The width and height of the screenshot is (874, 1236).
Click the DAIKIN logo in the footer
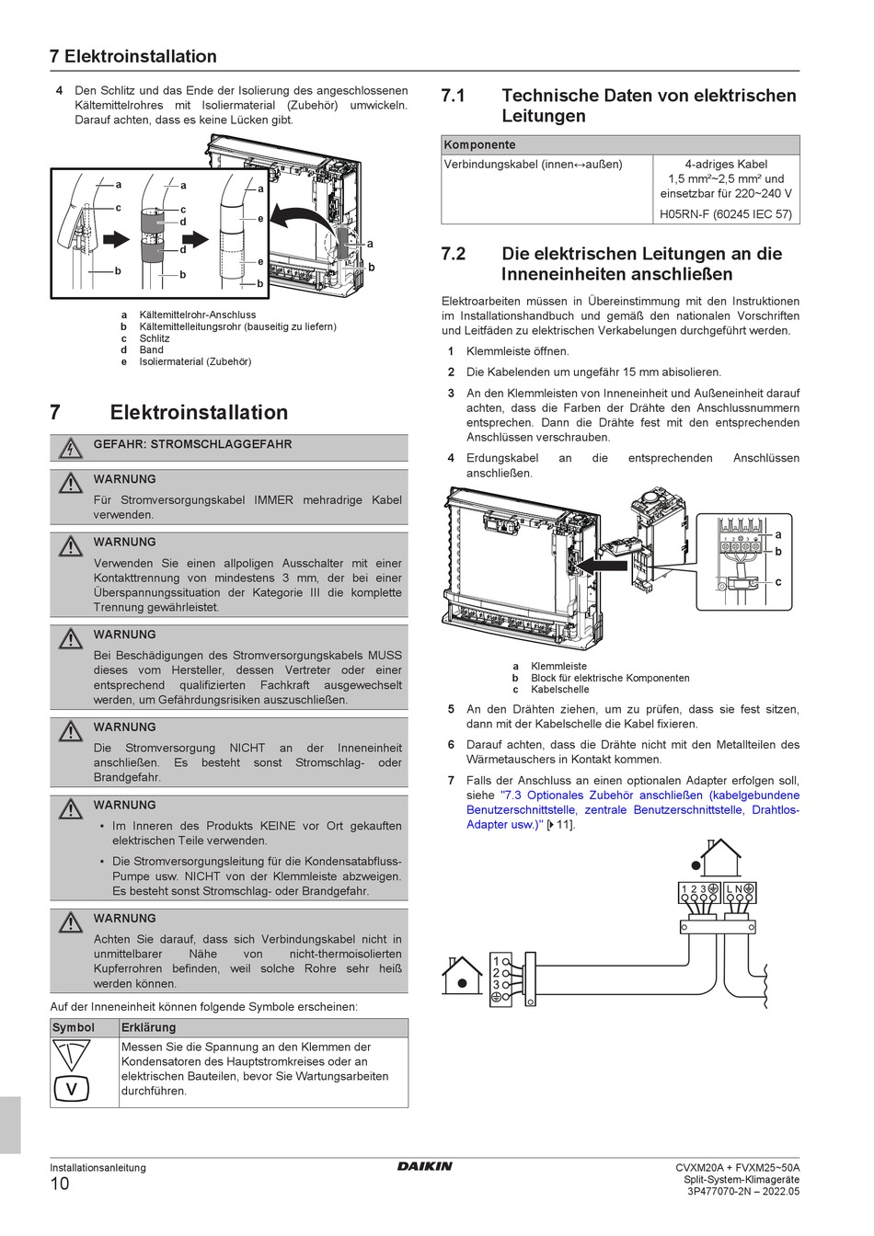(x=424, y=1166)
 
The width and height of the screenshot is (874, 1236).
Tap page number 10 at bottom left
(x=60, y=1184)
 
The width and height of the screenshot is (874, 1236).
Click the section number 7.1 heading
(x=454, y=96)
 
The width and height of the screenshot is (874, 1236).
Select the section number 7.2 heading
(x=454, y=254)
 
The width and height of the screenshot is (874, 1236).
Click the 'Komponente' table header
(x=479, y=145)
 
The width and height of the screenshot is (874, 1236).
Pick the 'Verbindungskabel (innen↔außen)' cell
(x=533, y=165)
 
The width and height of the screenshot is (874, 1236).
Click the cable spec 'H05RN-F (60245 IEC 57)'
(x=726, y=213)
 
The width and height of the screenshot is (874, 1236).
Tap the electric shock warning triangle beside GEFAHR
(x=70, y=448)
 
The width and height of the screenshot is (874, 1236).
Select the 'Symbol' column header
(x=74, y=1027)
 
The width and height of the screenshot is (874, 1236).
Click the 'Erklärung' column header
(x=148, y=1027)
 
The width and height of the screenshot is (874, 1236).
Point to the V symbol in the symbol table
(x=71, y=1089)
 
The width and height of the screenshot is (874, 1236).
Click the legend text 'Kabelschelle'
(x=559, y=690)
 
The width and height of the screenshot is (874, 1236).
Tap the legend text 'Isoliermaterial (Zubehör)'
(x=195, y=361)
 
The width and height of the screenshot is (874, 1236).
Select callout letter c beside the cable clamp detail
(x=778, y=581)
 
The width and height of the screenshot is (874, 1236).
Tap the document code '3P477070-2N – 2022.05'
(x=743, y=1192)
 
